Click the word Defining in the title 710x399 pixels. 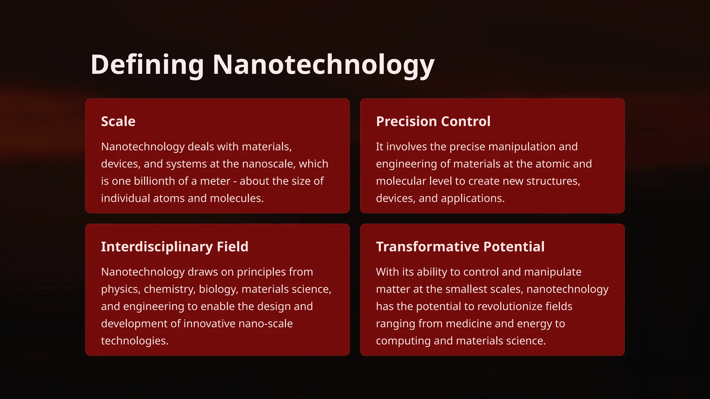[x=147, y=65]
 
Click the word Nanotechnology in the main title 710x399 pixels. [x=323, y=65]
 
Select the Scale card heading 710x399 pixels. [x=118, y=122]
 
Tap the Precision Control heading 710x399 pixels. [x=433, y=122]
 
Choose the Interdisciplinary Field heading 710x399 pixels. [x=174, y=247]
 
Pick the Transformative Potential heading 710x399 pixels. [x=460, y=247]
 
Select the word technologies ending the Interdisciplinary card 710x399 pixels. [x=135, y=341]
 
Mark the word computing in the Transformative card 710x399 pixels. [x=403, y=341]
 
